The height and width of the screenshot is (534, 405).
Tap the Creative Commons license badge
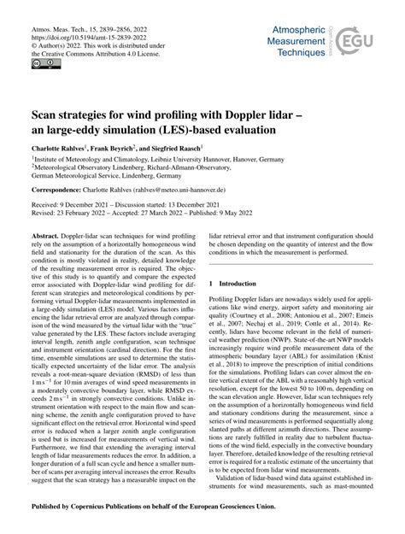(41, 62)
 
